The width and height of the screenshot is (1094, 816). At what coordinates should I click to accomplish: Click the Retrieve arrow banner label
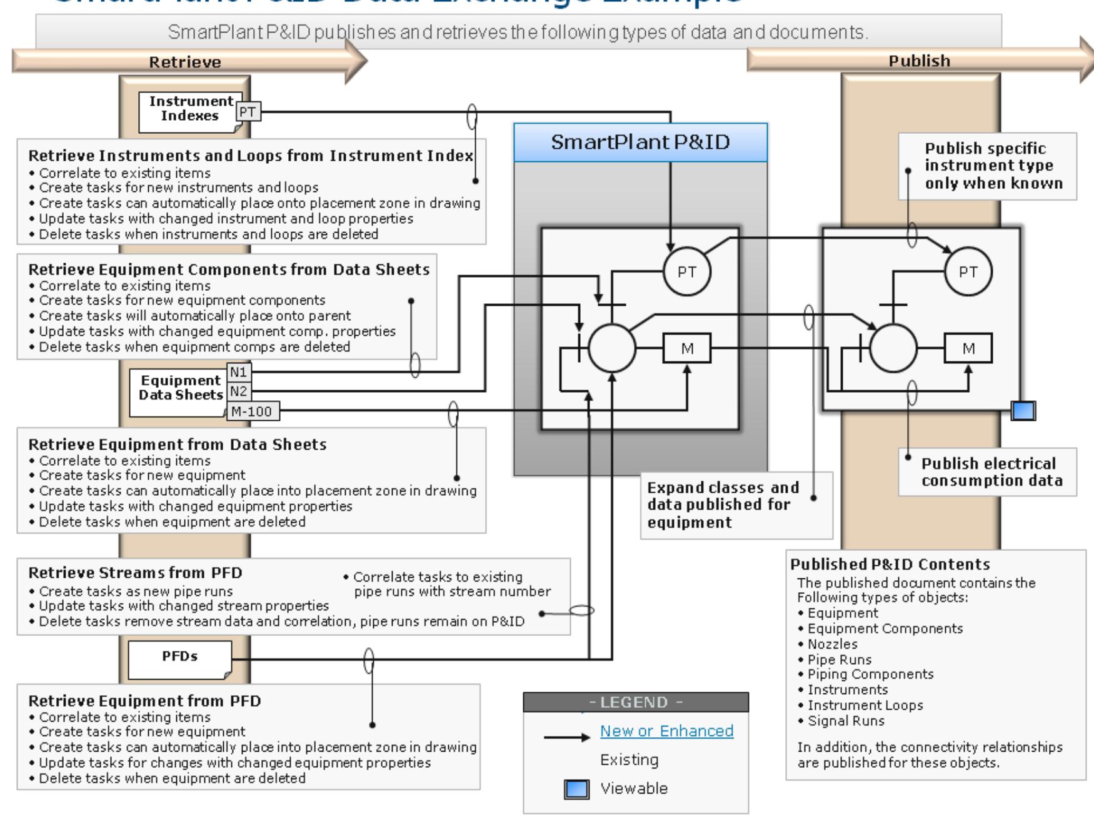click(185, 62)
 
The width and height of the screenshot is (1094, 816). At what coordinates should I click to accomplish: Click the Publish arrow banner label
click(919, 61)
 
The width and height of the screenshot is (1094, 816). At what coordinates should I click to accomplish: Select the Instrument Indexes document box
click(190, 109)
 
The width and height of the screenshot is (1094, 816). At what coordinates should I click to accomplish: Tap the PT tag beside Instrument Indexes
click(248, 112)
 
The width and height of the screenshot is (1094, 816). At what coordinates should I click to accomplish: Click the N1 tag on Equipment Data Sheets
click(238, 373)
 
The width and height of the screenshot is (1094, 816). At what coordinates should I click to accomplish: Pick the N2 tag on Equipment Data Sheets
click(238, 392)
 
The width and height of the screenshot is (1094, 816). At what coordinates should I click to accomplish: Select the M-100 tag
click(253, 411)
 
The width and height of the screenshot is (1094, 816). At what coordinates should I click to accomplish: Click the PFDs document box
click(179, 658)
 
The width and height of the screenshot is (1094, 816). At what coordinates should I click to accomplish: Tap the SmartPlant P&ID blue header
click(640, 143)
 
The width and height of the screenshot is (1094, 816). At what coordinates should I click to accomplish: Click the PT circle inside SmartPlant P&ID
click(686, 272)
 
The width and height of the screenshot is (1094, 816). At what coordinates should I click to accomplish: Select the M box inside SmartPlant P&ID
click(687, 349)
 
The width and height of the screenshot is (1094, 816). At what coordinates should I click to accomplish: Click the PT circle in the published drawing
click(968, 272)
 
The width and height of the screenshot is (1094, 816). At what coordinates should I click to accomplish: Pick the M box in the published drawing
click(968, 349)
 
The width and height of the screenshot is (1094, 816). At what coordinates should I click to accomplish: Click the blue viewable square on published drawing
click(1023, 411)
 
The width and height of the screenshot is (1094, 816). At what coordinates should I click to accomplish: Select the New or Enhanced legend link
click(666, 731)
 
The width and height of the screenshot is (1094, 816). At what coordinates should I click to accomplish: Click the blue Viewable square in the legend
click(576, 790)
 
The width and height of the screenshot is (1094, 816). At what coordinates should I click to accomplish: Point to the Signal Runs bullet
click(846, 721)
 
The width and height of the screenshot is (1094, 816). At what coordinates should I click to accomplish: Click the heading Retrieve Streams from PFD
click(135, 573)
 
